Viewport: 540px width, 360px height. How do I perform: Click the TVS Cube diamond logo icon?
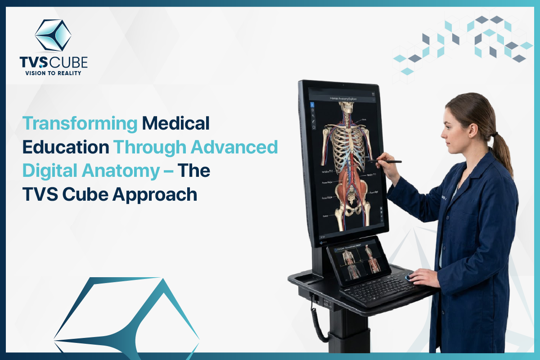[54, 35]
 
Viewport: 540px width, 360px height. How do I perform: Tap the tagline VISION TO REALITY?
[54, 72]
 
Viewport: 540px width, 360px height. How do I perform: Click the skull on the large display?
[346, 108]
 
